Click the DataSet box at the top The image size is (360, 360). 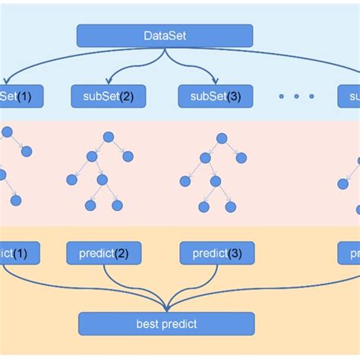(x=165, y=36)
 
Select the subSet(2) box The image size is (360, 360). (x=109, y=96)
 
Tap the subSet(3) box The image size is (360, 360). (x=216, y=96)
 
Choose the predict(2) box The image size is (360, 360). (x=104, y=253)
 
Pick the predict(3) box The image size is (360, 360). (x=216, y=253)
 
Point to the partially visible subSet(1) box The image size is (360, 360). (x=20, y=96)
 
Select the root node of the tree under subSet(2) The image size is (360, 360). (x=108, y=137)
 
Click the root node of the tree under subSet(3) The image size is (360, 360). (x=221, y=138)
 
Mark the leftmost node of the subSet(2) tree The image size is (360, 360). (x=72, y=180)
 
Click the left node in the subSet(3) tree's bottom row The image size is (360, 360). (x=203, y=206)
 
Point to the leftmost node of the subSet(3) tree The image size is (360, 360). (x=185, y=181)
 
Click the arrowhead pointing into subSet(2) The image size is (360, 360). (x=109, y=82)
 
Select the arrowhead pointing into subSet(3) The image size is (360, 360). (x=216, y=82)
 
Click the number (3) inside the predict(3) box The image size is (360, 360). (x=236, y=253)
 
